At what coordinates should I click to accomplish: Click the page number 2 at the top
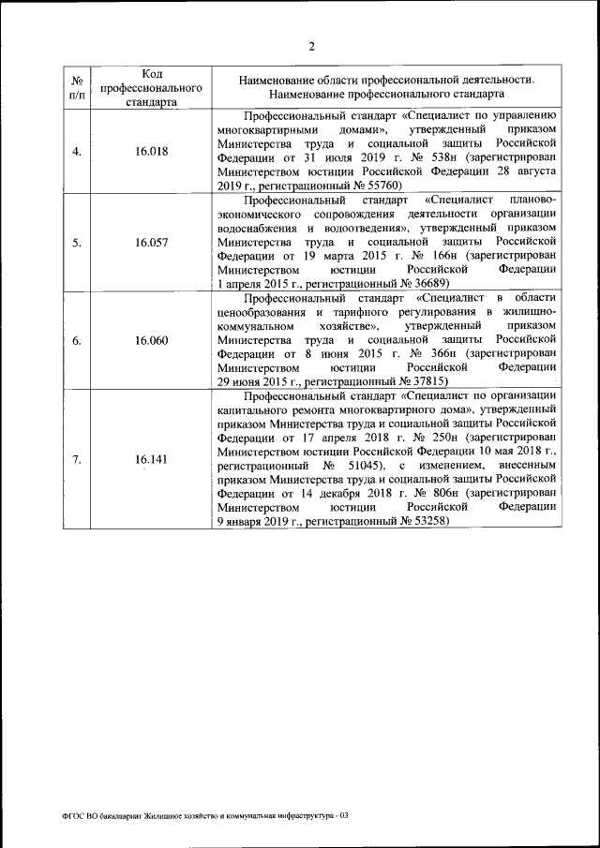[311, 48]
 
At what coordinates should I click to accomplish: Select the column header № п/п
[77, 87]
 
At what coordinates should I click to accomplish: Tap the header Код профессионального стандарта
[152, 87]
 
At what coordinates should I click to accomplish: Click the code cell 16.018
[152, 151]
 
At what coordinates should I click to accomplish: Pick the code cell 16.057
[152, 242]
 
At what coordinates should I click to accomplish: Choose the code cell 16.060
[152, 340]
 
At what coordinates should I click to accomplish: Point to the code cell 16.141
[152, 459]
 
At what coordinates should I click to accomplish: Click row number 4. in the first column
[77, 151]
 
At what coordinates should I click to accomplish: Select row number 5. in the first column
[77, 242]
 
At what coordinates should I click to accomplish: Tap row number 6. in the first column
[77, 340]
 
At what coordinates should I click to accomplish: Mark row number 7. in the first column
[77, 459]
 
